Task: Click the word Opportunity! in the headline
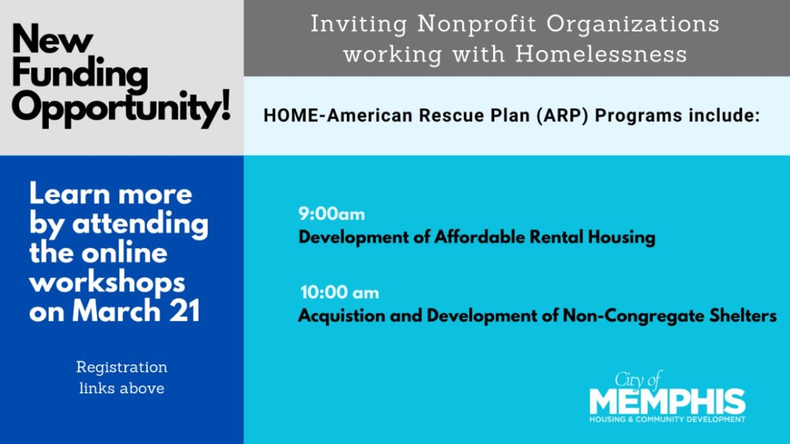point(121,107)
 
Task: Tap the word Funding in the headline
point(80,75)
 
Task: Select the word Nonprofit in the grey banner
point(476,24)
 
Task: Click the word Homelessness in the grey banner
point(601,54)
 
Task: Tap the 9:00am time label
point(332,214)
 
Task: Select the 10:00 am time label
point(340,292)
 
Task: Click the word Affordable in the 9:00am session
point(480,236)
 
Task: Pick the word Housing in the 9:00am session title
point(621,238)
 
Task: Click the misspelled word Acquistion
point(342,316)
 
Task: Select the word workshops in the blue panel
point(107,284)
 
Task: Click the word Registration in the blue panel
point(122,368)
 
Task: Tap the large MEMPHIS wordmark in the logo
point(668,401)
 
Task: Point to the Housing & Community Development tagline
point(668,420)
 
